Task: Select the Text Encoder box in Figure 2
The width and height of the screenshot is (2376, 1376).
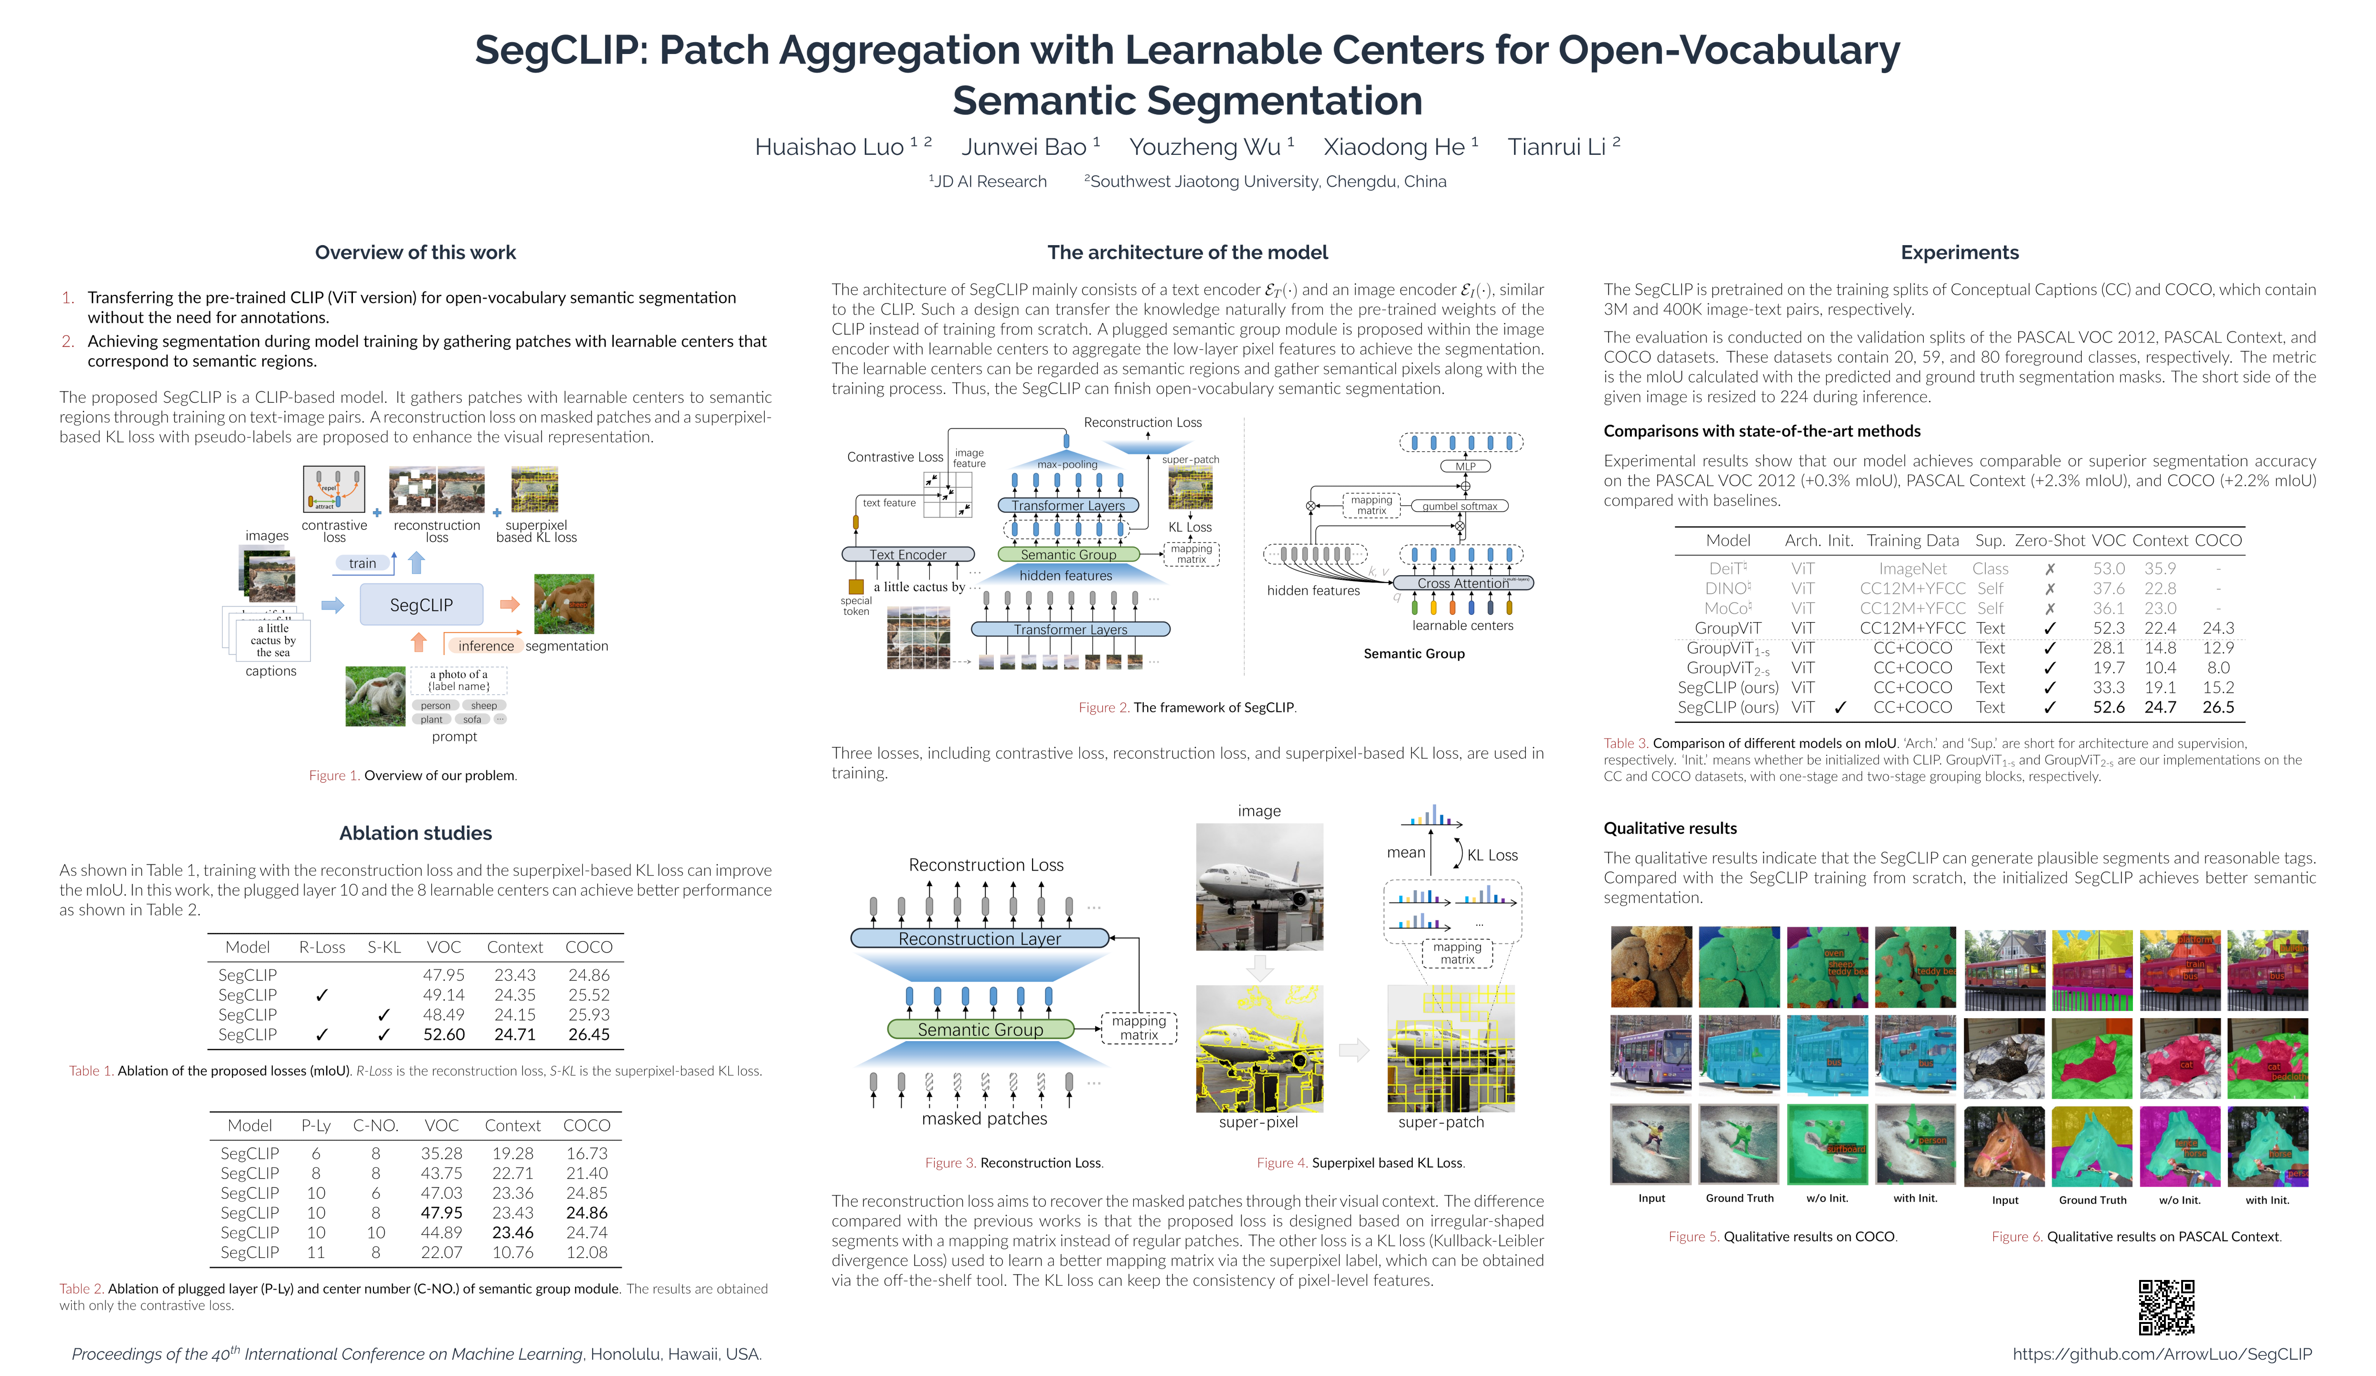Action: [907, 555]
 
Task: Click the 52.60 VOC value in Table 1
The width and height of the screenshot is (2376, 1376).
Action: [443, 1034]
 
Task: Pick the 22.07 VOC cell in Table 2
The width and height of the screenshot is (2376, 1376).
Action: [441, 1252]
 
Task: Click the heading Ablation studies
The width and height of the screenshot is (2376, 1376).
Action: [416, 833]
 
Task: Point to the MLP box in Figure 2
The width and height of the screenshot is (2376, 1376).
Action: [1464, 466]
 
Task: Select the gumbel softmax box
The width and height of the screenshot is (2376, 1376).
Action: [1460, 506]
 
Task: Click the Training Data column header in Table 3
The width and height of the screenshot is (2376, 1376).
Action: [1912, 540]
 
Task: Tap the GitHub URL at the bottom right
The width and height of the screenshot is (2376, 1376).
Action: [2162, 1354]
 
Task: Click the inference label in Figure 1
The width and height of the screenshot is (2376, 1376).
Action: [486, 646]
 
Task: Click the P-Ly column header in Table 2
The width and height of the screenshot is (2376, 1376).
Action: [316, 1125]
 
